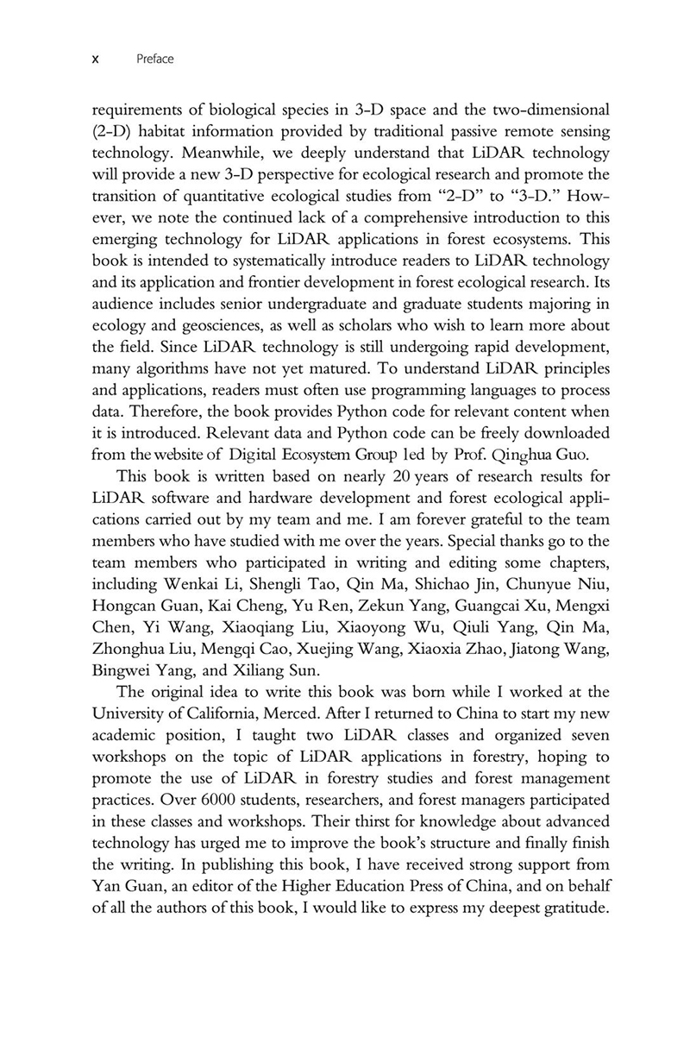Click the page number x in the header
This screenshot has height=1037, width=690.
click(95, 60)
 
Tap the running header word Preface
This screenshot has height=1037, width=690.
click(155, 60)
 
